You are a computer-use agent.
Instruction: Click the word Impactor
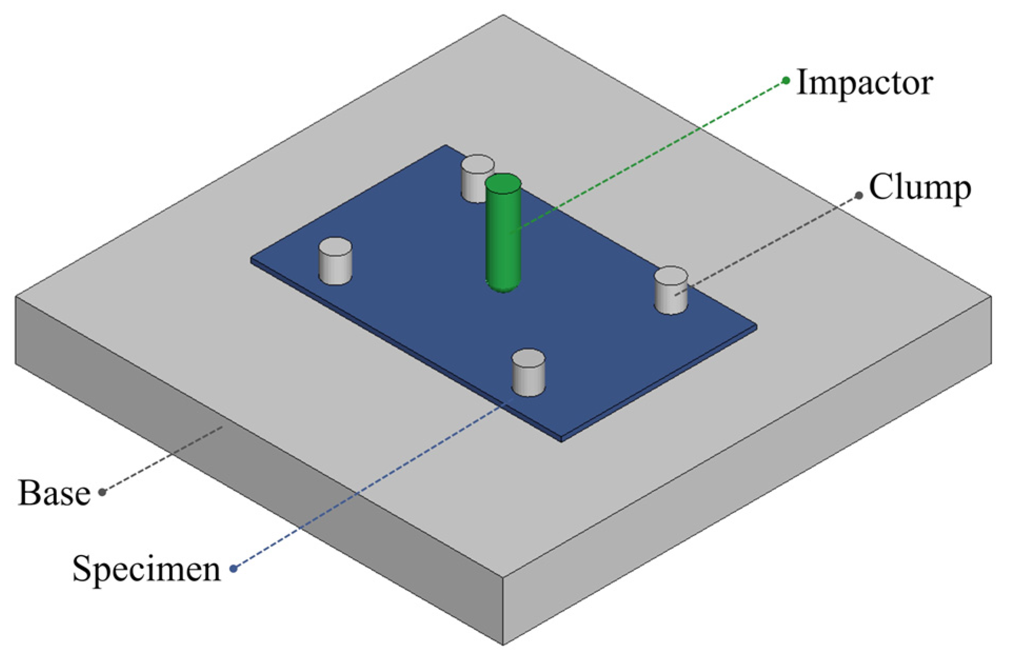click(x=865, y=83)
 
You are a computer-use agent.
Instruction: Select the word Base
click(x=54, y=493)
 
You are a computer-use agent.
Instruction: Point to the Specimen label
click(x=146, y=569)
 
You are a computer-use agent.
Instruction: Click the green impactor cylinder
click(x=503, y=237)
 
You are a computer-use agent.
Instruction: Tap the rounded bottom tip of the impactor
click(x=503, y=285)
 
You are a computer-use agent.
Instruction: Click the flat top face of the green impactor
click(x=503, y=184)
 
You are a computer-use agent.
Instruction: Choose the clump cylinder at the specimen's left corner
click(x=335, y=261)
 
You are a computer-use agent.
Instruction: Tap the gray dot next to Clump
click(x=859, y=195)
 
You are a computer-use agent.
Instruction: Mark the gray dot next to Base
click(x=103, y=492)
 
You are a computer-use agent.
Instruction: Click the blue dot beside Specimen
click(x=234, y=568)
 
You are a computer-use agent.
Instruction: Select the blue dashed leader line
click(x=369, y=487)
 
